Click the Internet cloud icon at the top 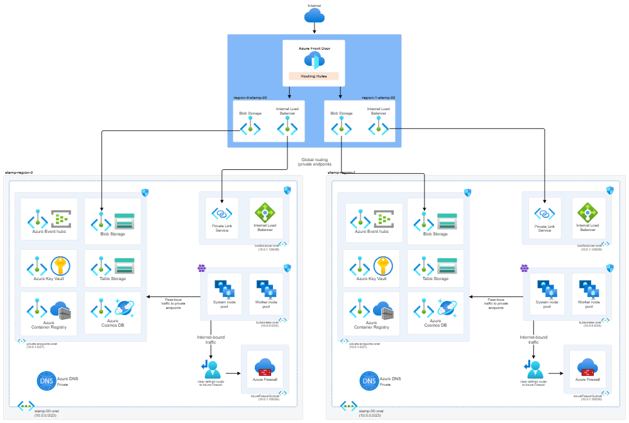[314, 15]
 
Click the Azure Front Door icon [313, 60]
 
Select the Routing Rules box [313, 76]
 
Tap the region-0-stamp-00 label [250, 98]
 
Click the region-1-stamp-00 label [378, 98]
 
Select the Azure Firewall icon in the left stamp [265, 367]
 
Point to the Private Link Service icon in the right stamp [545, 213]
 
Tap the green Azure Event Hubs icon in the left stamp [61, 218]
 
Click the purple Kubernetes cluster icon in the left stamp [202, 268]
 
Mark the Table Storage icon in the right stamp [447, 265]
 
